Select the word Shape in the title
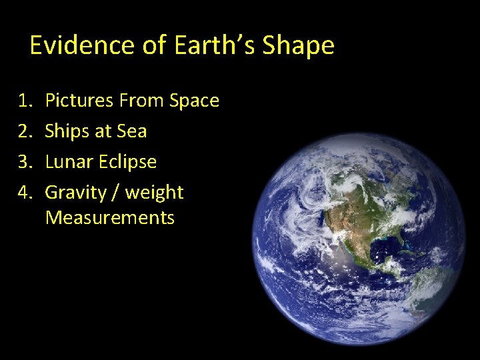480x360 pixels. (x=298, y=46)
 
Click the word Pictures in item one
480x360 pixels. (x=79, y=101)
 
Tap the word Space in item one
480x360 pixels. (x=194, y=101)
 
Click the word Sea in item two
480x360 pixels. (x=131, y=131)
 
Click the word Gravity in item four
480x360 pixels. (x=75, y=193)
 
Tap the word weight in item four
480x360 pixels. (x=154, y=193)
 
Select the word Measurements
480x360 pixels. (x=110, y=218)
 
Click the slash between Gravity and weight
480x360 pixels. (x=116, y=193)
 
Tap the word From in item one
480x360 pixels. (x=143, y=101)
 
